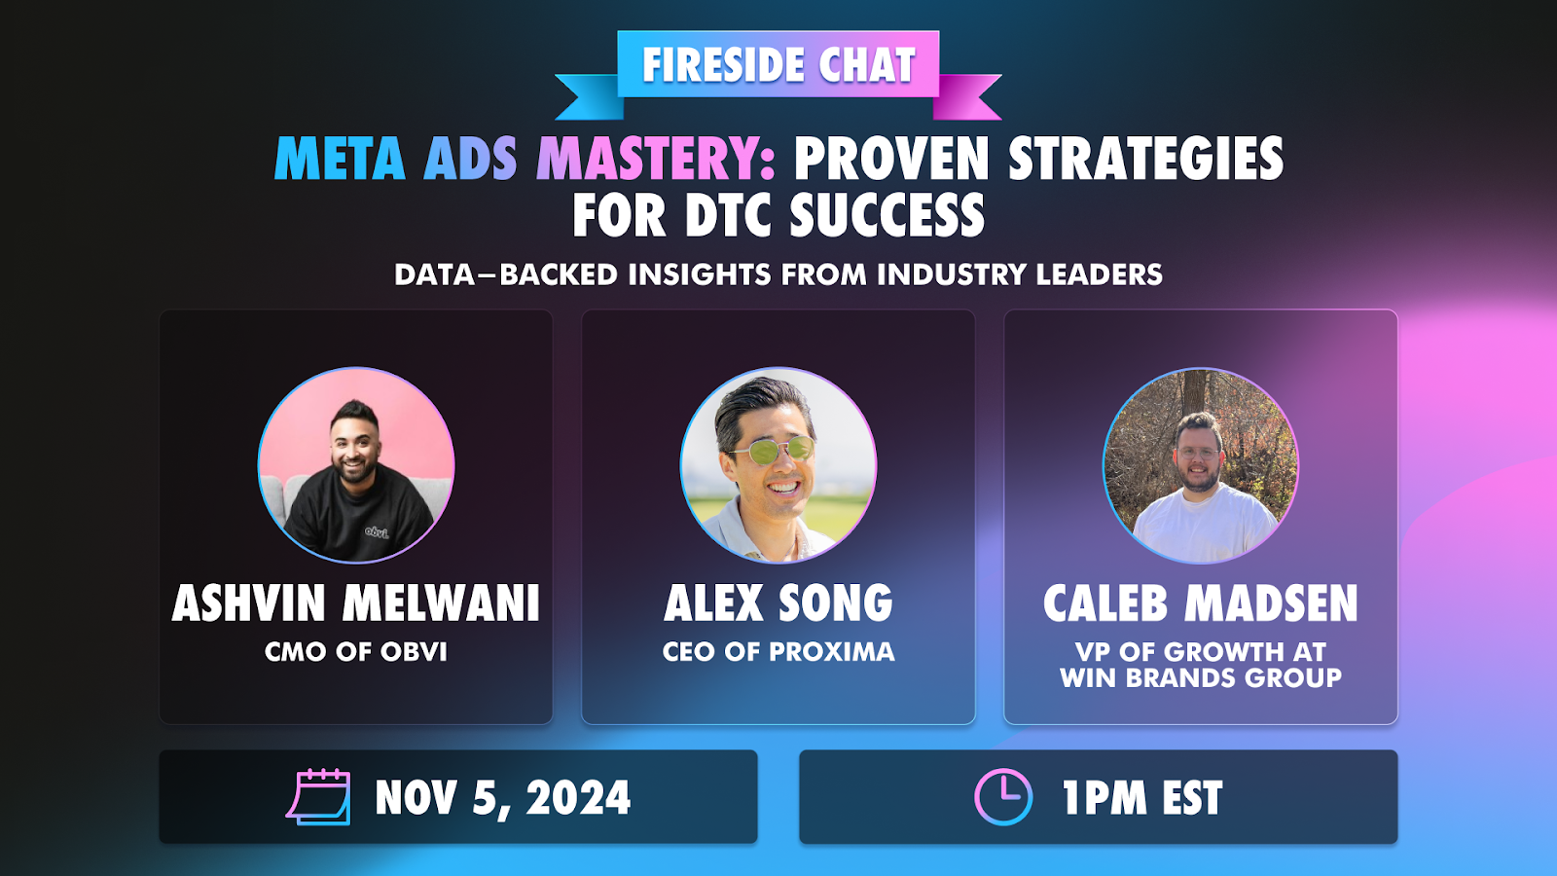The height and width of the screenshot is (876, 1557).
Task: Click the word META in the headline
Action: [340, 159]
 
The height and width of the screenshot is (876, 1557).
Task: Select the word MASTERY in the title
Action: [656, 159]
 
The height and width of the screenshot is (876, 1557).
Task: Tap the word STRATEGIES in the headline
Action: [1145, 159]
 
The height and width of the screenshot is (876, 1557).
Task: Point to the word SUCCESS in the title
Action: [887, 215]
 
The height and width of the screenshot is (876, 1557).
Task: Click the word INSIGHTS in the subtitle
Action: [700, 274]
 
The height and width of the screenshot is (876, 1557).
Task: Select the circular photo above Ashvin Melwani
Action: [356, 465]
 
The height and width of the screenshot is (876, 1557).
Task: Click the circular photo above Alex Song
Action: [778, 465]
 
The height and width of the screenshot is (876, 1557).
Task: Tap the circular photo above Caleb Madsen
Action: [1201, 465]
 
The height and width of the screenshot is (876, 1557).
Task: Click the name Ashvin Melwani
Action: [356, 602]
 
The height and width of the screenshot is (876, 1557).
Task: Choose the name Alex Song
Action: [778, 602]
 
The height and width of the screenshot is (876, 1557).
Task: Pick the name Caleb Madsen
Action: [1201, 602]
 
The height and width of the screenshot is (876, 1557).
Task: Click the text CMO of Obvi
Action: [356, 652]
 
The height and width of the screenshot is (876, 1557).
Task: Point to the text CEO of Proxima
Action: [778, 652]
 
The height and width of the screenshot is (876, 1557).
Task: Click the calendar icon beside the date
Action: [318, 797]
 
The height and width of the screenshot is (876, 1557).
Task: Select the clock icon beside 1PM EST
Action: [1003, 797]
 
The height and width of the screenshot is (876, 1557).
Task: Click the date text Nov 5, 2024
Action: [502, 797]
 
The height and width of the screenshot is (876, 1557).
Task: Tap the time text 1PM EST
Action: [1142, 797]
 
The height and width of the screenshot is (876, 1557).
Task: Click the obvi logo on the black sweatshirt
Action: [377, 532]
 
